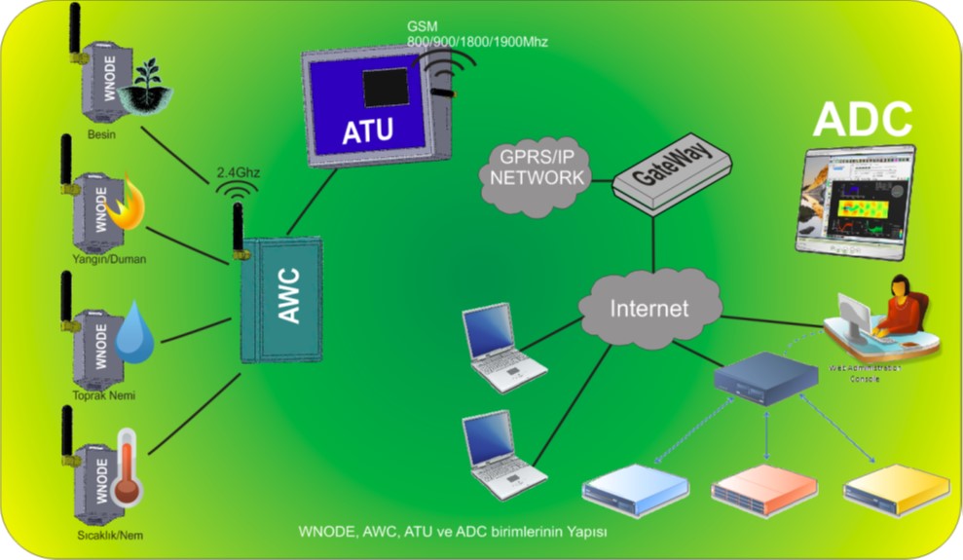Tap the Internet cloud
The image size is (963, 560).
click(649, 309)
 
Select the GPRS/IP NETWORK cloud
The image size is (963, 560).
click(537, 169)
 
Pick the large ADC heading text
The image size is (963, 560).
click(863, 119)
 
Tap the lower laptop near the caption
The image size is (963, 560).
click(498, 452)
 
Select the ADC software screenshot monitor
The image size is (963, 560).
click(855, 202)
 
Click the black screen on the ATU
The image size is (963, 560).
click(386, 88)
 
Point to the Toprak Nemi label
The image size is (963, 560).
click(103, 395)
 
